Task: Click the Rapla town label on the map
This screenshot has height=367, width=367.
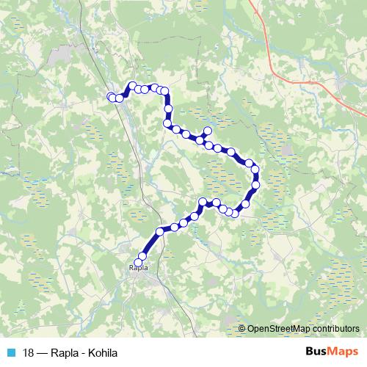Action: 138,268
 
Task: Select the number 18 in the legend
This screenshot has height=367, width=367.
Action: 29,353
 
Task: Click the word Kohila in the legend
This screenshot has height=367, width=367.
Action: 102,353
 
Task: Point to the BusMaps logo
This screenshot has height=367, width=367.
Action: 331,352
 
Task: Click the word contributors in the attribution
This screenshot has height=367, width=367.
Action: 334,330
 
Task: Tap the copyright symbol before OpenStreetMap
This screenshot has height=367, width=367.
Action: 242,330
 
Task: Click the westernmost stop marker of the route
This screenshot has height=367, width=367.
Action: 112,97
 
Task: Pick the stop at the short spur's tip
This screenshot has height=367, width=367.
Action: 207,131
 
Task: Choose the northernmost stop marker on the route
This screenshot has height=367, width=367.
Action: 133,85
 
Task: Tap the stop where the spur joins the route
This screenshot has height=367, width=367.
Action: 199,139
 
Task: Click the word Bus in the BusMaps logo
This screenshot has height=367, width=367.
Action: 317,352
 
